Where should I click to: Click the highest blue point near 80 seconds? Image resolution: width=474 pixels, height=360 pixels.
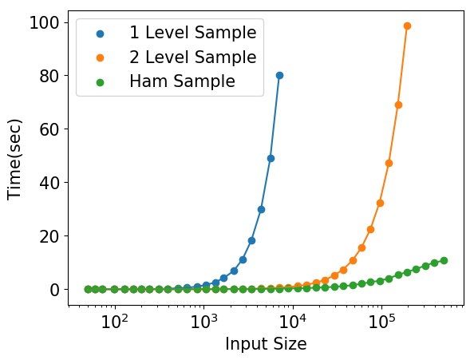(x=279, y=75)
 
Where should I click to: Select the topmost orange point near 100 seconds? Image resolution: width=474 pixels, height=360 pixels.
(x=407, y=26)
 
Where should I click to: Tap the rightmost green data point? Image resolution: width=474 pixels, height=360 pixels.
(x=444, y=260)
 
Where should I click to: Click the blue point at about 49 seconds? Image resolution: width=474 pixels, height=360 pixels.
(x=271, y=158)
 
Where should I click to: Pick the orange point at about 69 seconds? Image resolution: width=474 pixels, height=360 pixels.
(x=398, y=105)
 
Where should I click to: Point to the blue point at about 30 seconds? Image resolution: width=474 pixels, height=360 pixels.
(x=262, y=209)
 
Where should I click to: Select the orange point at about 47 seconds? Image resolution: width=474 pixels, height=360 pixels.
(x=389, y=163)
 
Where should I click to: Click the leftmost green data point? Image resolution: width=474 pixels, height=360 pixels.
(x=88, y=289)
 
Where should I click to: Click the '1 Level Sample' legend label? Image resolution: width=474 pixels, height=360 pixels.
(x=193, y=33)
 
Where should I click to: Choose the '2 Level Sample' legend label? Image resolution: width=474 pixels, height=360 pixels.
(x=193, y=57)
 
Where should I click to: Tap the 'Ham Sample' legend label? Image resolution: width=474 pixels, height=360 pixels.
(x=182, y=81)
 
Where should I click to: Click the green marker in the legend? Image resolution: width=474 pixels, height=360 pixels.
(x=100, y=82)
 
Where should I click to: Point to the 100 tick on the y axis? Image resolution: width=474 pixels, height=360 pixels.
(x=44, y=22)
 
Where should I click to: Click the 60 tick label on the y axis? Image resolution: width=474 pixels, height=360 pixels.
(x=49, y=129)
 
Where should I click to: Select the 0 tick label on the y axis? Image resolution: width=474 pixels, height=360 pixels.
(x=55, y=290)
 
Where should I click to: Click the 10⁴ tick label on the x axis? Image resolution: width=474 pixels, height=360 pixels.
(x=293, y=322)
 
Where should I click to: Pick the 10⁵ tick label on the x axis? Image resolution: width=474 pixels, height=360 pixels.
(x=382, y=322)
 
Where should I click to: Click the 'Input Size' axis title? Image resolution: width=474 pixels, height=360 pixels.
(x=266, y=344)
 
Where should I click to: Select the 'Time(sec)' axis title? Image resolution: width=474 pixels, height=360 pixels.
(x=14, y=160)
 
